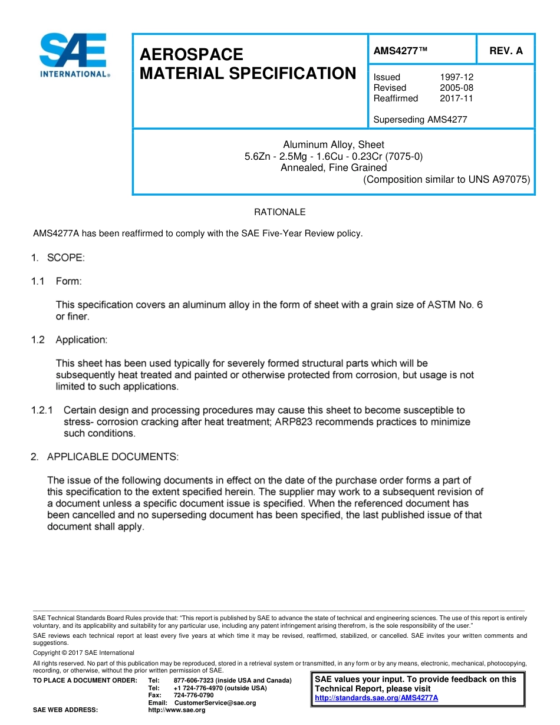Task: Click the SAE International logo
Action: coord(73,55)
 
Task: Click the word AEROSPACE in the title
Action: coord(191,54)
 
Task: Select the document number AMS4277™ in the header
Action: coord(400,51)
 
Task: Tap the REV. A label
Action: coord(506,51)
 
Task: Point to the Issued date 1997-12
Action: coord(456,77)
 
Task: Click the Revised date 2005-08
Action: coord(456,88)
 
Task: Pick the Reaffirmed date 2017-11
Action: coord(456,98)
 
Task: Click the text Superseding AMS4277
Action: coord(420,120)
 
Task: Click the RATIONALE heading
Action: coord(279,212)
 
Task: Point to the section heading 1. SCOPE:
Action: coord(58,258)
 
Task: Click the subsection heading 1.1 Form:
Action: coord(57,282)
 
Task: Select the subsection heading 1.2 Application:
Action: coord(69,340)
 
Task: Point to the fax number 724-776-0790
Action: coord(194,696)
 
